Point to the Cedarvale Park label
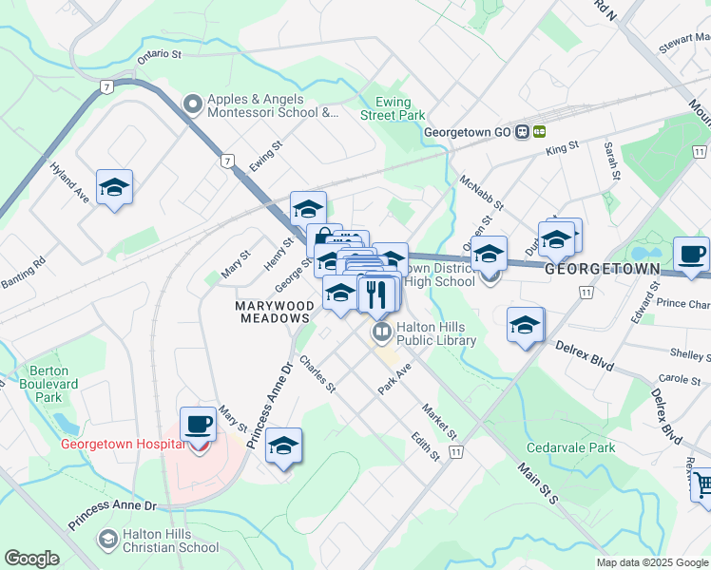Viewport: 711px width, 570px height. click(x=571, y=447)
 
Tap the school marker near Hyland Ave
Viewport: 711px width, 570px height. click(x=114, y=186)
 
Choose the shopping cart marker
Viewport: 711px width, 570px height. click(x=701, y=484)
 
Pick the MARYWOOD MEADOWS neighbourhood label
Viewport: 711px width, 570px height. click(x=275, y=312)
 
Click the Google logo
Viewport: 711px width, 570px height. click(x=31, y=559)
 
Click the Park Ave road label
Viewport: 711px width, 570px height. click(x=394, y=378)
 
